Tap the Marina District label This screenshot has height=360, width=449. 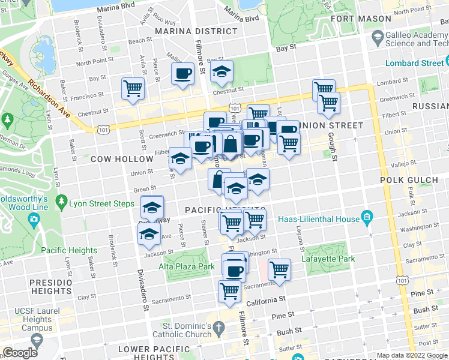coord(196,31)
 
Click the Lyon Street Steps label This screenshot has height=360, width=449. coord(106,204)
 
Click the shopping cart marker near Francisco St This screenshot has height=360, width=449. coord(133,88)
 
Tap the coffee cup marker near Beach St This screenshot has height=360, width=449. coord(182,73)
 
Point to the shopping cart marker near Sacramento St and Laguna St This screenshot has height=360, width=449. coord(279,269)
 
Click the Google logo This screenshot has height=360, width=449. coord(20,353)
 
